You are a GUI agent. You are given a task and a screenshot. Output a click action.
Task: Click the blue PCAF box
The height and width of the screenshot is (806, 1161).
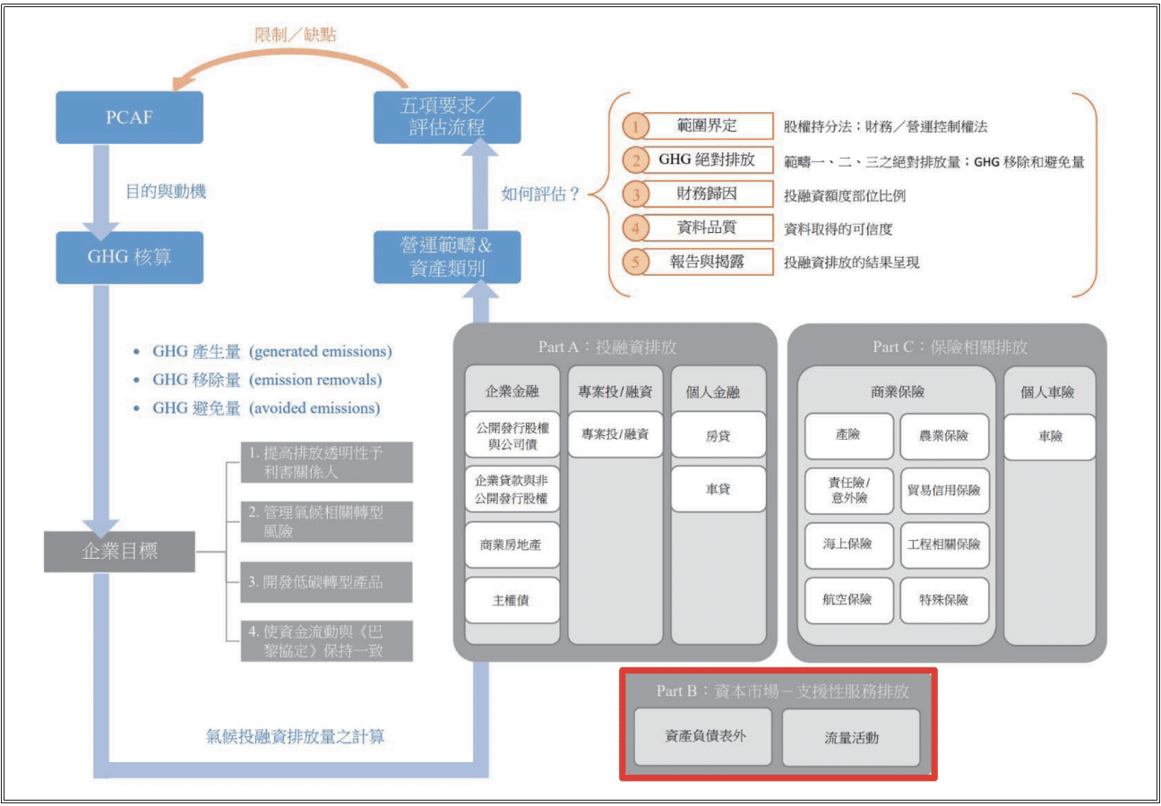[130, 117]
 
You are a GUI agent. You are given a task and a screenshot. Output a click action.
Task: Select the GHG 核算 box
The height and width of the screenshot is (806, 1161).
[130, 257]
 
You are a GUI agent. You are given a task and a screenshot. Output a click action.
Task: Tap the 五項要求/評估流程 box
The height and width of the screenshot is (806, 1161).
[447, 117]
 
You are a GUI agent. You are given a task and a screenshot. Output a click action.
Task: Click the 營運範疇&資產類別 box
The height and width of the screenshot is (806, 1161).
[447, 257]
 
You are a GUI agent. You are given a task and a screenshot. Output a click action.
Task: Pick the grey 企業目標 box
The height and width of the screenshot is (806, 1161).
[119, 551]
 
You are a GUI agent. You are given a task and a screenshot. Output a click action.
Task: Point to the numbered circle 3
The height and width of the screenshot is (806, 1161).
[636, 194]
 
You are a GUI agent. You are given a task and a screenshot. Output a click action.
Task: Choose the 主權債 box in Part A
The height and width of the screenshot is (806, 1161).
[512, 601]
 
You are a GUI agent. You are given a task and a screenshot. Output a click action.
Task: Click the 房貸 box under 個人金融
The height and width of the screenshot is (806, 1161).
[718, 436]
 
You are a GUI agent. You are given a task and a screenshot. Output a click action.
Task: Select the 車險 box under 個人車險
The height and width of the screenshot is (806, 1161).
[1050, 437]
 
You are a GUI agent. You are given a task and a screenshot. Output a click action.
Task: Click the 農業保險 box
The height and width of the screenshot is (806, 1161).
[944, 437]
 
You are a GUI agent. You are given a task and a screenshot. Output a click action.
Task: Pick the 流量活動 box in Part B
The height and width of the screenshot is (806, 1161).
[851, 738]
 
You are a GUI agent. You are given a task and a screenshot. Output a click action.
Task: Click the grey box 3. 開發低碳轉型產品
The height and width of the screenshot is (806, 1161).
[326, 582]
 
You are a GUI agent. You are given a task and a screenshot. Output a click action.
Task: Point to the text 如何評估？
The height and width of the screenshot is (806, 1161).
[541, 193]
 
